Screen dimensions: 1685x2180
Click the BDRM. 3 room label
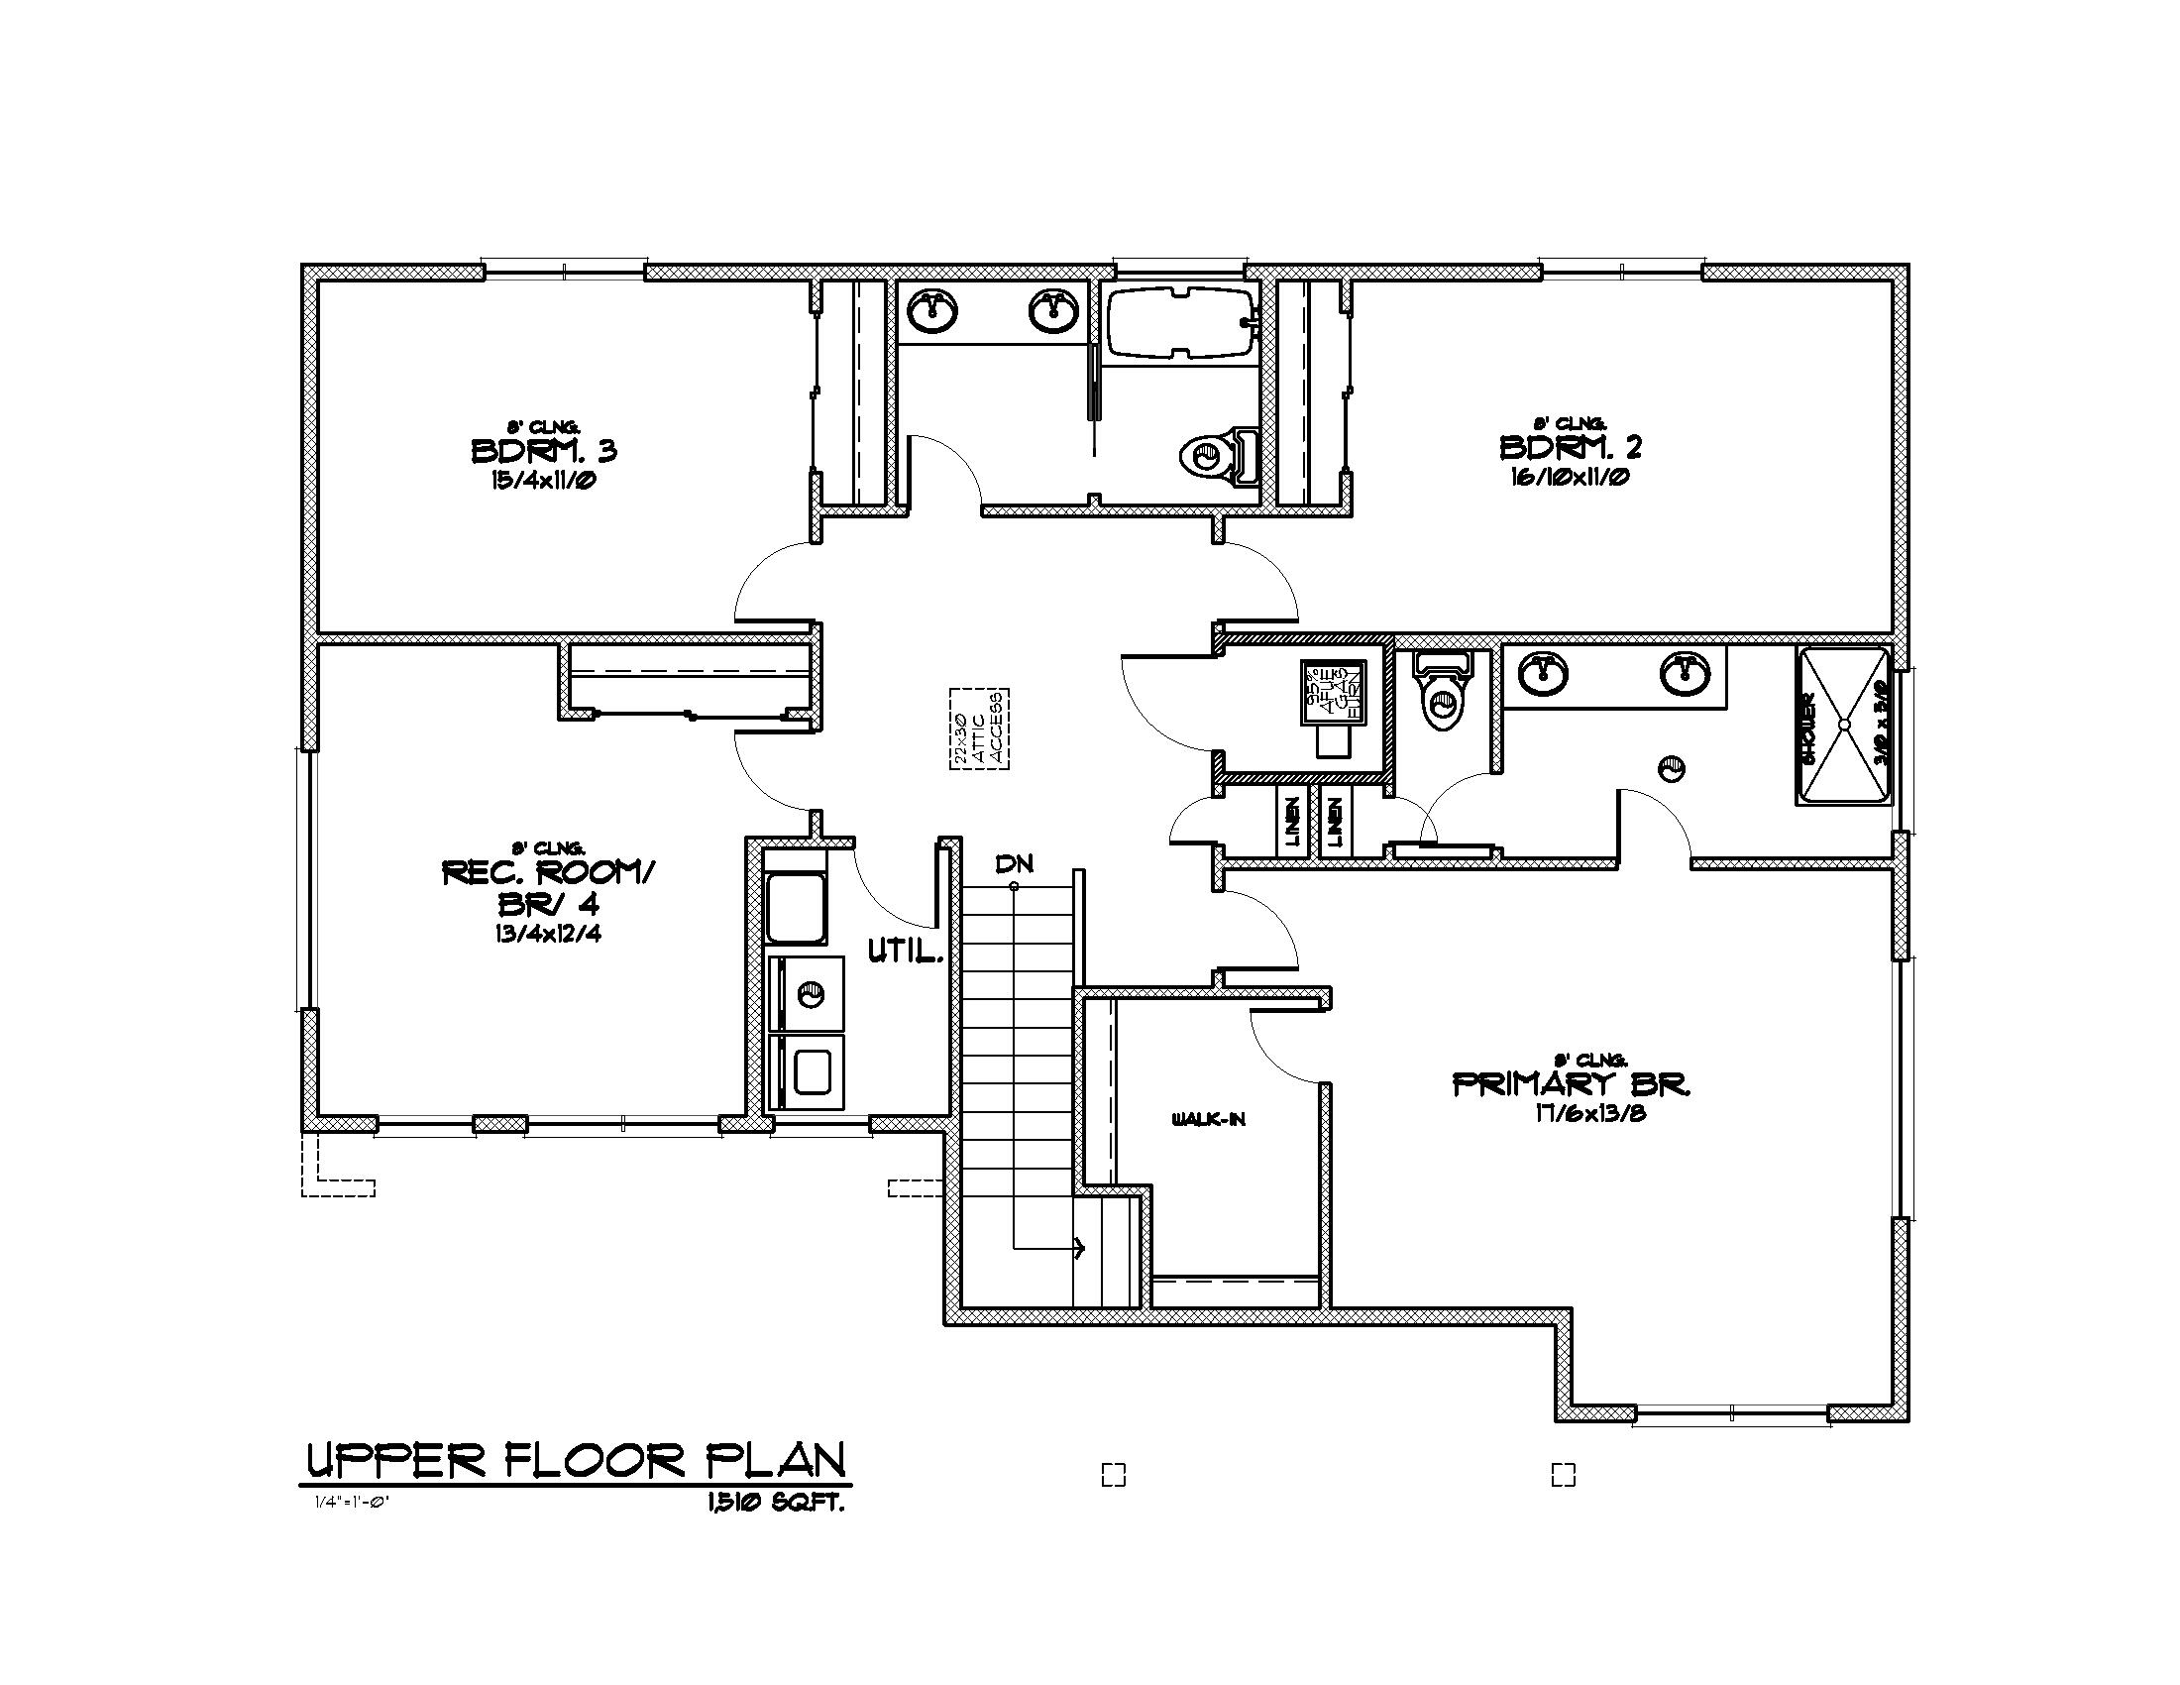(544, 450)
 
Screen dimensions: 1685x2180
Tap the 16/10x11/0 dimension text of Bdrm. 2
(1572, 477)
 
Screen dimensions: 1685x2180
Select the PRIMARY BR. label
(1572, 1084)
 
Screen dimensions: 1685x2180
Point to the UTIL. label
(905, 953)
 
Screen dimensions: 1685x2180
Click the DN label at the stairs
(1014, 863)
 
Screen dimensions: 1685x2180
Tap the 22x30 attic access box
(978, 729)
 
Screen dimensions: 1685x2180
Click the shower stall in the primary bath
(1844, 726)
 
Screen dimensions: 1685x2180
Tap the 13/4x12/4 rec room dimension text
(546, 936)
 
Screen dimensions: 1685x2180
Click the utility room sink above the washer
(796, 907)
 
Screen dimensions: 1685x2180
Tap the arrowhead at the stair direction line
(1078, 1247)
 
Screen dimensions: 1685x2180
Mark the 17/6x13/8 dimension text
(1590, 1113)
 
